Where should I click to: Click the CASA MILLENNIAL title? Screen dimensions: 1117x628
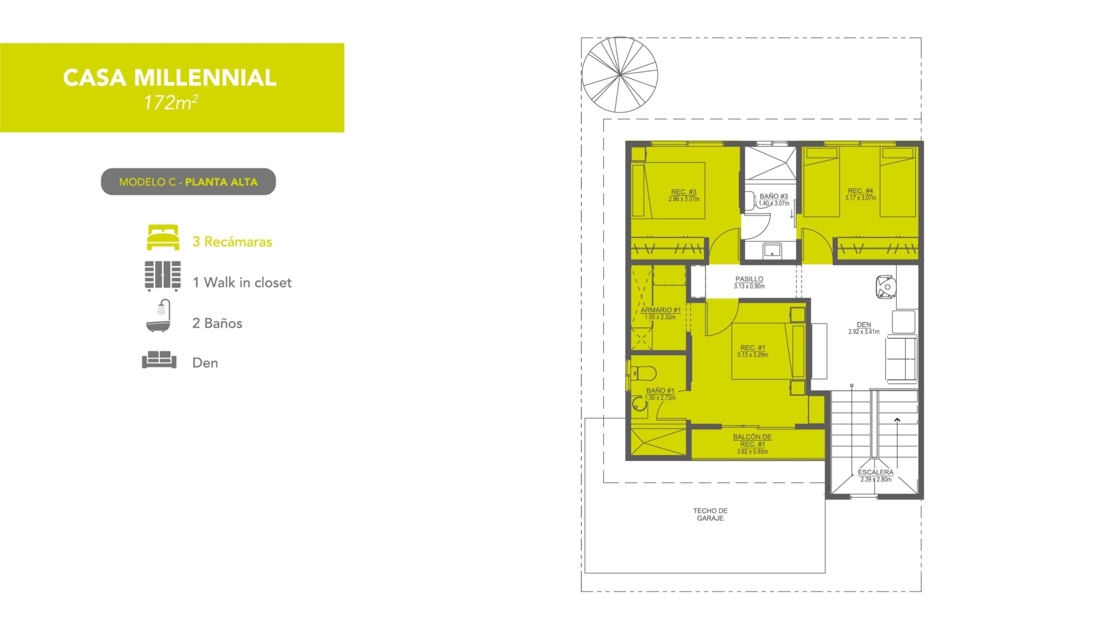coord(170,78)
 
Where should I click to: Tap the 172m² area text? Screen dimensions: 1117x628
coord(171,102)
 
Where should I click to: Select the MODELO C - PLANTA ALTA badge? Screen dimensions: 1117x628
coord(188,181)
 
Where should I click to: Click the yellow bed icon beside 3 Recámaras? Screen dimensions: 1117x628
coord(163,237)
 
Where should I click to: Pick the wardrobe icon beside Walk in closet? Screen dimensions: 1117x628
coord(163,276)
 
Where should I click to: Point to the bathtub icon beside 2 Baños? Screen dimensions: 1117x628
coord(159,315)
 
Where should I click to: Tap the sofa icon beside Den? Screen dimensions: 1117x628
coord(159,359)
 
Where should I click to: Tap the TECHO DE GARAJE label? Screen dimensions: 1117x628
coord(710,514)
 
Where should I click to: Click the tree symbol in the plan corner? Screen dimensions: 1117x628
coord(620,74)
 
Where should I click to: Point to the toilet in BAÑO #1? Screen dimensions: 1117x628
coord(642,372)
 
